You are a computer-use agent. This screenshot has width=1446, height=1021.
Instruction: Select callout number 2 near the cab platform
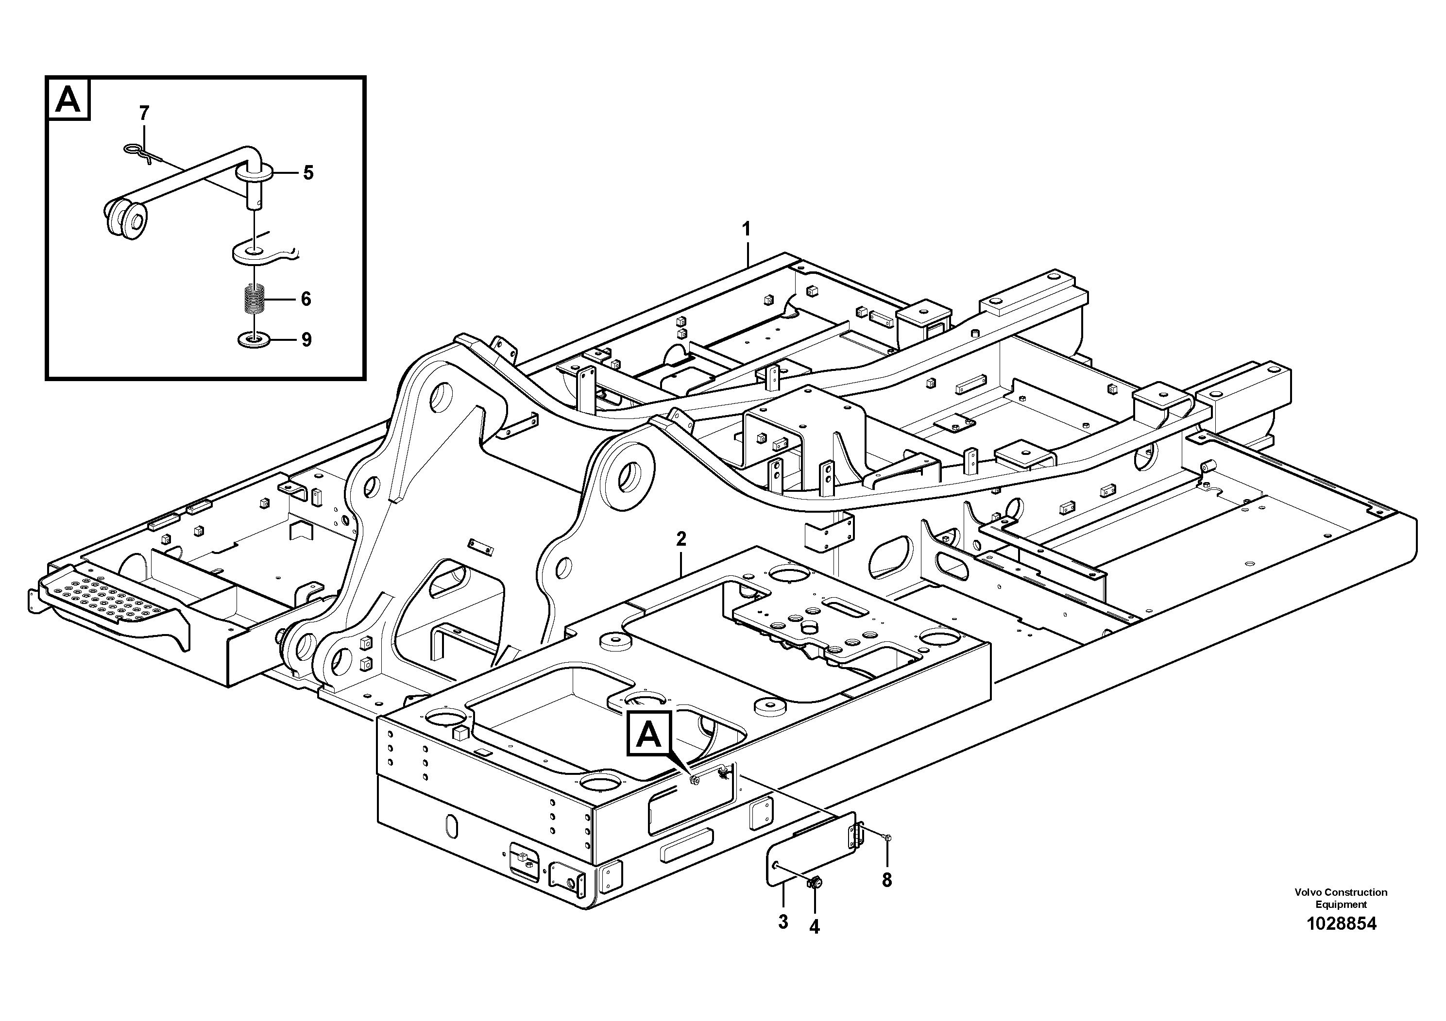(681, 539)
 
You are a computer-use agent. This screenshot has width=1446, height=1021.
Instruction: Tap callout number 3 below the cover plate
(783, 922)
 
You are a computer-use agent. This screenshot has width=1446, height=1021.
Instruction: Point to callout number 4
(815, 927)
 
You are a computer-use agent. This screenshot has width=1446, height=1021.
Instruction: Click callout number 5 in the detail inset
(308, 172)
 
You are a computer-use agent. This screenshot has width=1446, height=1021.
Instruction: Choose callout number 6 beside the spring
(306, 299)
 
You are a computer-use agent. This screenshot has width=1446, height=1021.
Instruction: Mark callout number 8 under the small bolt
(887, 881)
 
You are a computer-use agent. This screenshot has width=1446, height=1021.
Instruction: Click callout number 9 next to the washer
(306, 340)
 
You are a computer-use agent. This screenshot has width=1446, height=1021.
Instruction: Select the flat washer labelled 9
(254, 340)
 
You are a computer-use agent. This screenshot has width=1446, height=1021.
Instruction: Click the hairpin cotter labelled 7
(140, 153)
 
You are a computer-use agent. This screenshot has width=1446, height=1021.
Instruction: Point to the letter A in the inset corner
(68, 99)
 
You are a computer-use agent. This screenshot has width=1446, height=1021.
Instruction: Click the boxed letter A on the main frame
(649, 734)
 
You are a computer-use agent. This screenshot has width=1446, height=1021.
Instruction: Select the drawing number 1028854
(1341, 923)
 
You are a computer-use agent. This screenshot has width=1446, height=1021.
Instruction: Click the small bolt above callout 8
(887, 838)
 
